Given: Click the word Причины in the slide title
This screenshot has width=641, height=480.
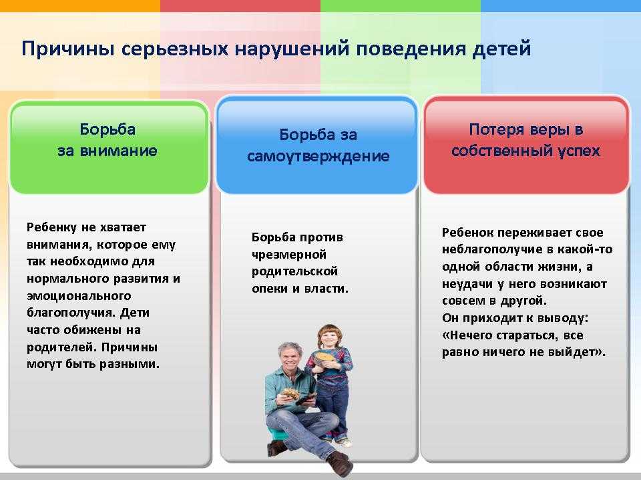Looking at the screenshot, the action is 67,49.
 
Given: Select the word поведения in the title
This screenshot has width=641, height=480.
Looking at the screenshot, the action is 411,49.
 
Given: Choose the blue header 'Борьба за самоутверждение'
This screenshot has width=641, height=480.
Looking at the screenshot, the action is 317,145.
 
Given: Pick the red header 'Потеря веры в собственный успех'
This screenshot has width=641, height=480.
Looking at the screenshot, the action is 526,145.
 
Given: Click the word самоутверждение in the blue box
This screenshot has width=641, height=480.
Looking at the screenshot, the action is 318,156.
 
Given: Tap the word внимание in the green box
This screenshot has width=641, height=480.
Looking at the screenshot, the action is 118,151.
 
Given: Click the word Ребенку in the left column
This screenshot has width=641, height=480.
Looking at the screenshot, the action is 51,227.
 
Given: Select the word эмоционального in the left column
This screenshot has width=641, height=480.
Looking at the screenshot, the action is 79,296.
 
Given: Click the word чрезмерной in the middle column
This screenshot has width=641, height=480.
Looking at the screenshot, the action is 289,255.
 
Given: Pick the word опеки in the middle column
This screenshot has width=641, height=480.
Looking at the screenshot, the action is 270,289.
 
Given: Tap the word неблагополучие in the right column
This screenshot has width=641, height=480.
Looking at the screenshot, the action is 492,249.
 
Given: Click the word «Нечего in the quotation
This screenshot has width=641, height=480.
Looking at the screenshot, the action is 467,335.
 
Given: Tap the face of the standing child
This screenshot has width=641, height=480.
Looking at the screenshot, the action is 329,338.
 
